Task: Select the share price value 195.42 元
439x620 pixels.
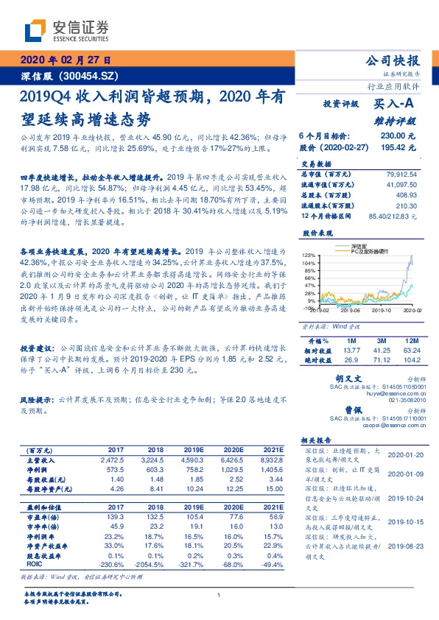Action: (398, 148)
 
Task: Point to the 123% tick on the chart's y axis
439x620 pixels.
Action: (308, 254)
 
